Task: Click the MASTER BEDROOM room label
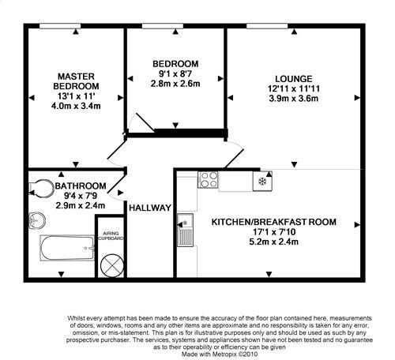pos(76,80)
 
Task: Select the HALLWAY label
pos(150,208)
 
